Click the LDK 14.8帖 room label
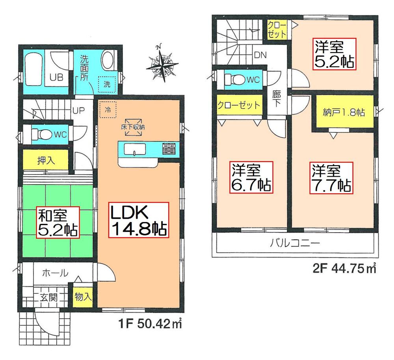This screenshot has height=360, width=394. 138,220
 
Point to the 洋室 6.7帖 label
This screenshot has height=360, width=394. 251,177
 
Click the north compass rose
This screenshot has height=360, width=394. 162,64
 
